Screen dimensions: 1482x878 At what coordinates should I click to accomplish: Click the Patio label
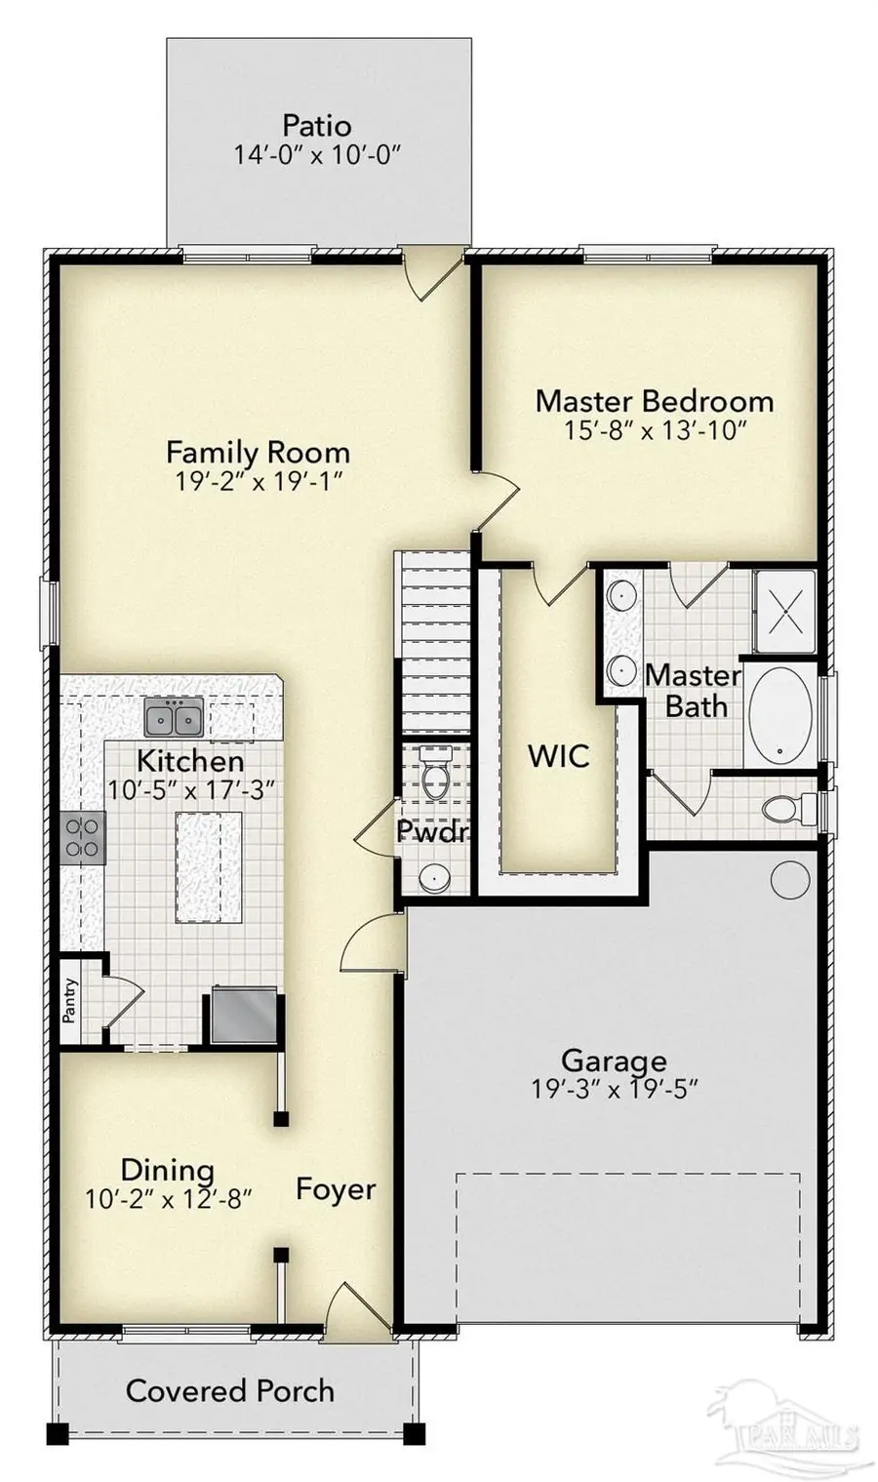click(x=317, y=126)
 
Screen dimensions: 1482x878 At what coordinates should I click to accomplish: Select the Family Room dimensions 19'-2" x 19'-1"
click(x=258, y=482)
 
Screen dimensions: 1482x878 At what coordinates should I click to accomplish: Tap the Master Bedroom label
click(x=654, y=401)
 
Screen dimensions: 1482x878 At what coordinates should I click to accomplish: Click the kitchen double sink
click(x=173, y=718)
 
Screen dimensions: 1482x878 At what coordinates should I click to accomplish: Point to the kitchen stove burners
click(x=83, y=838)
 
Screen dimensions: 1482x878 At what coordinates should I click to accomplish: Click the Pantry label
click(x=69, y=1000)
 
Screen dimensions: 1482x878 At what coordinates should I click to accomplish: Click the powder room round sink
click(x=433, y=877)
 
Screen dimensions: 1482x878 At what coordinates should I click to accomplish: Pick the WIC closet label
click(x=558, y=756)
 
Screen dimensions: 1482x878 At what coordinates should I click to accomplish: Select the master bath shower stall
click(x=783, y=612)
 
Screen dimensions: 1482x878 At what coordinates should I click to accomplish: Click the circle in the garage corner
click(x=789, y=879)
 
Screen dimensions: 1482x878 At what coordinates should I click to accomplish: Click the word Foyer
click(x=336, y=1189)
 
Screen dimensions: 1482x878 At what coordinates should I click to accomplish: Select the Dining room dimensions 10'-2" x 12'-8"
click(x=168, y=1199)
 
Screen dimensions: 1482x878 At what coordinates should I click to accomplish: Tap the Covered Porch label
click(x=230, y=1390)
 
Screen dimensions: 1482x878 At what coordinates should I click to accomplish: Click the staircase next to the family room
click(x=433, y=644)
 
